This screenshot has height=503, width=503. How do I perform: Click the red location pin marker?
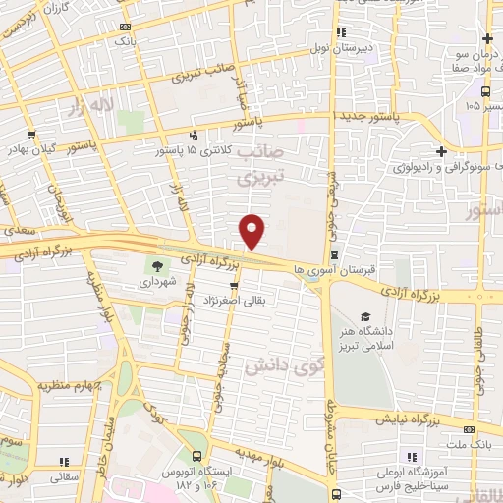252,230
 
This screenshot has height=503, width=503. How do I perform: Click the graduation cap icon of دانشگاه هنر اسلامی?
364,317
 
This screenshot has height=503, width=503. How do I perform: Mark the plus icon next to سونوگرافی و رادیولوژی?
442,151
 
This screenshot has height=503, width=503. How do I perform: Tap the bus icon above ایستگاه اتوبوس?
197,457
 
